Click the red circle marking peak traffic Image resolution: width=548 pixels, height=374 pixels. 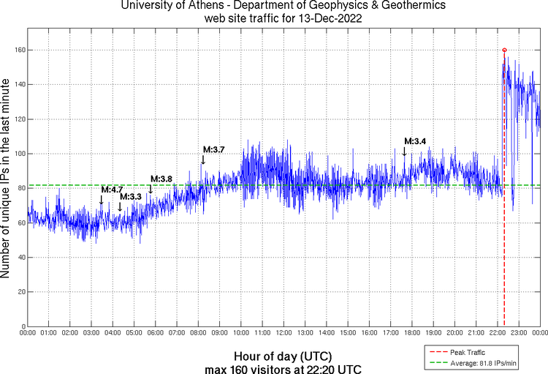[504, 50]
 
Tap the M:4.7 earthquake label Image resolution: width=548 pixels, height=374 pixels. [112, 190]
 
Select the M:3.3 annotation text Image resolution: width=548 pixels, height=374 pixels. [130, 196]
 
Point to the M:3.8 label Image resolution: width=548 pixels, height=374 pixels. [161, 179]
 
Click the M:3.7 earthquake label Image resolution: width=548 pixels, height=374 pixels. [213, 149]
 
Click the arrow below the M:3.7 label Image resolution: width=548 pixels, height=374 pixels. [203, 159]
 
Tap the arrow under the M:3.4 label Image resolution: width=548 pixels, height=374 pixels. [404, 151]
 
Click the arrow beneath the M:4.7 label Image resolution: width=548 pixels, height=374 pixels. [102, 200]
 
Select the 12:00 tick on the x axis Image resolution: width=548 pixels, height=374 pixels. [283, 334]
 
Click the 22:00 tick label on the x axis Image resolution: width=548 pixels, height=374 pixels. [497, 334]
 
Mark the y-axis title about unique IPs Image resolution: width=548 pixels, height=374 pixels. [7, 179]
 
